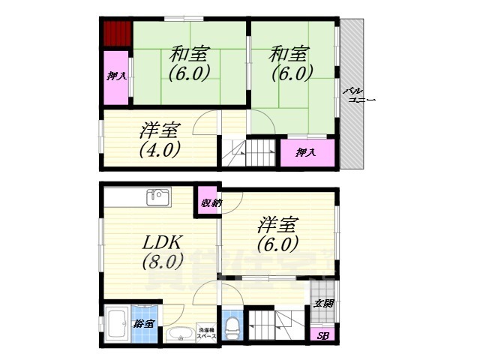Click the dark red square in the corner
pos(117,34)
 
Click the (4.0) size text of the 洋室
pos(159,148)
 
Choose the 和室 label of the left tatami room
pos(189,54)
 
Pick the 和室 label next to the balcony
pos(289,54)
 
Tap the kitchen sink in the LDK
pos(158,196)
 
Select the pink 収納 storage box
pos(208,202)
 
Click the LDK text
pos(160,243)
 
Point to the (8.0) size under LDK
pos(162,262)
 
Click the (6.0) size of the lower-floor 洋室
pos(277,244)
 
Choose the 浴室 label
pos(144,324)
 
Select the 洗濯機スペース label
pos(207,333)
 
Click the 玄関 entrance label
pos(323,304)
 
